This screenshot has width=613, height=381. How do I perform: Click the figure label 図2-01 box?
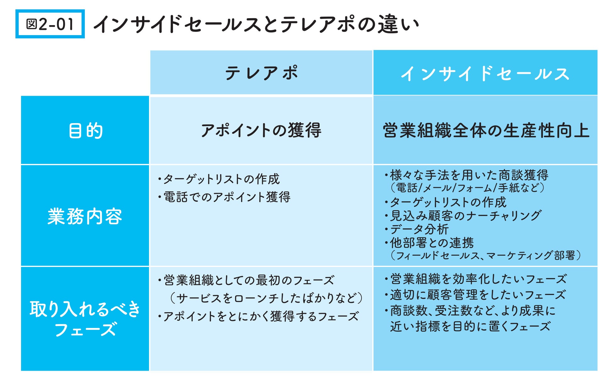[50, 24]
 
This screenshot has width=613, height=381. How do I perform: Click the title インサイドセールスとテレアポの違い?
[256, 24]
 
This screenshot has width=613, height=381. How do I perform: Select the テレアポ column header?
[261, 73]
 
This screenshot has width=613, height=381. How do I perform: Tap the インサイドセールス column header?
[485, 73]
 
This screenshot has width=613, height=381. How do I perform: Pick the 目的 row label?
[85, 130]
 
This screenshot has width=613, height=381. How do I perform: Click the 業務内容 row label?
[85, 216]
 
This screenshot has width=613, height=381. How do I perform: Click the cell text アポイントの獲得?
[261, 130]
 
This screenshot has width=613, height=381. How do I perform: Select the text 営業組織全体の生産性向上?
[486, 130]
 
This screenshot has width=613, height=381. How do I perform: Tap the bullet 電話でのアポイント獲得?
[226, 197]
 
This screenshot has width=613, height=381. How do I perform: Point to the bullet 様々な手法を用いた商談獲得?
[468, 175]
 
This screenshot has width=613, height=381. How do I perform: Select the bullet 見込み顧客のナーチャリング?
[465, 216]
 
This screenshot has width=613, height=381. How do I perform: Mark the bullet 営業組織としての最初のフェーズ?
[248, 280]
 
